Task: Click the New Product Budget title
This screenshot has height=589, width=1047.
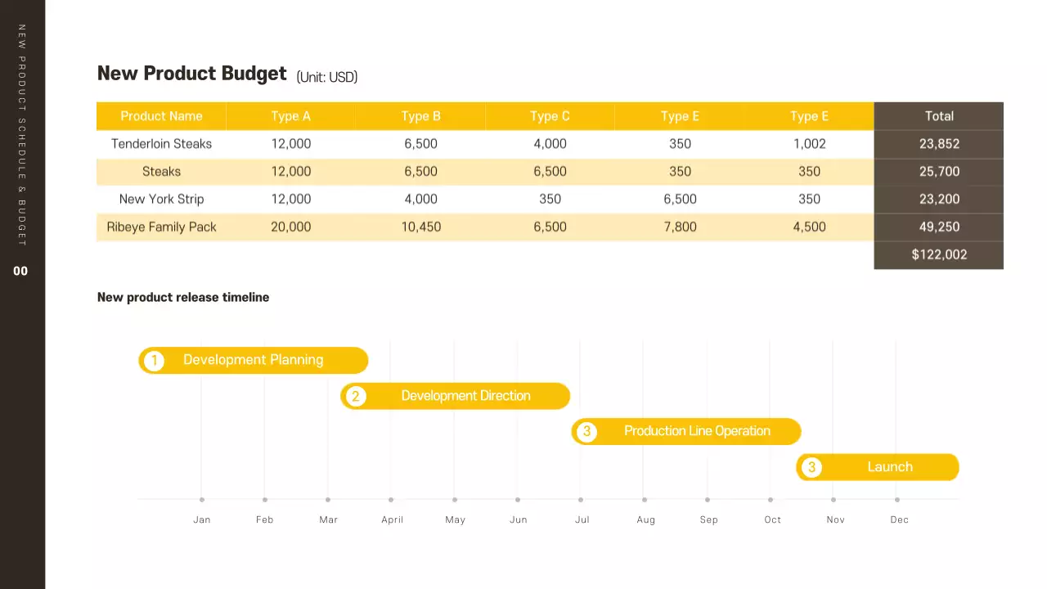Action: pos(191,74)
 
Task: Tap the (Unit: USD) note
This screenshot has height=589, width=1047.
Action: pos(326,77)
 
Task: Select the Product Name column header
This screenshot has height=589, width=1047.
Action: pos(161,116)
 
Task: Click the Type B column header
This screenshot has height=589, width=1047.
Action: pos(420,116)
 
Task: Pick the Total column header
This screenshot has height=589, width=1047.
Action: pos(938,116)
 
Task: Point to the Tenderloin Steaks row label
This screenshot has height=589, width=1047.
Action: pos(161,144)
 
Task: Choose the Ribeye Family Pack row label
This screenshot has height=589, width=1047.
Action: pos(161,227)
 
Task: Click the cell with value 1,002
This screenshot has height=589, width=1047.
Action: pos(809,144)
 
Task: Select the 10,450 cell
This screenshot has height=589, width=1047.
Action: pos(420,227)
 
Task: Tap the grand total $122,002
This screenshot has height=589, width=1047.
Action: pos(938,254)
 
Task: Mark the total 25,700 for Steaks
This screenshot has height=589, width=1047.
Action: pos(938,172)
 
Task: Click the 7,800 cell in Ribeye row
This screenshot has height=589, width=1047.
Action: pos(680,227)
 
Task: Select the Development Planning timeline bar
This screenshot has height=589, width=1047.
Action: pos(253,360)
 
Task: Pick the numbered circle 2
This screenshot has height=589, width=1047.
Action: pos(354,397)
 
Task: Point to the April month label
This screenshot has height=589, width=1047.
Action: pos(392,519)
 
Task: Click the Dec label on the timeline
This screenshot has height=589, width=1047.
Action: pos(899,519)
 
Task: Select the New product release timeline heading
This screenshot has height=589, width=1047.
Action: pos(183,298)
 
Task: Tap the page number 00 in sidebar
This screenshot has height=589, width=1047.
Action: pos(20,271)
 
